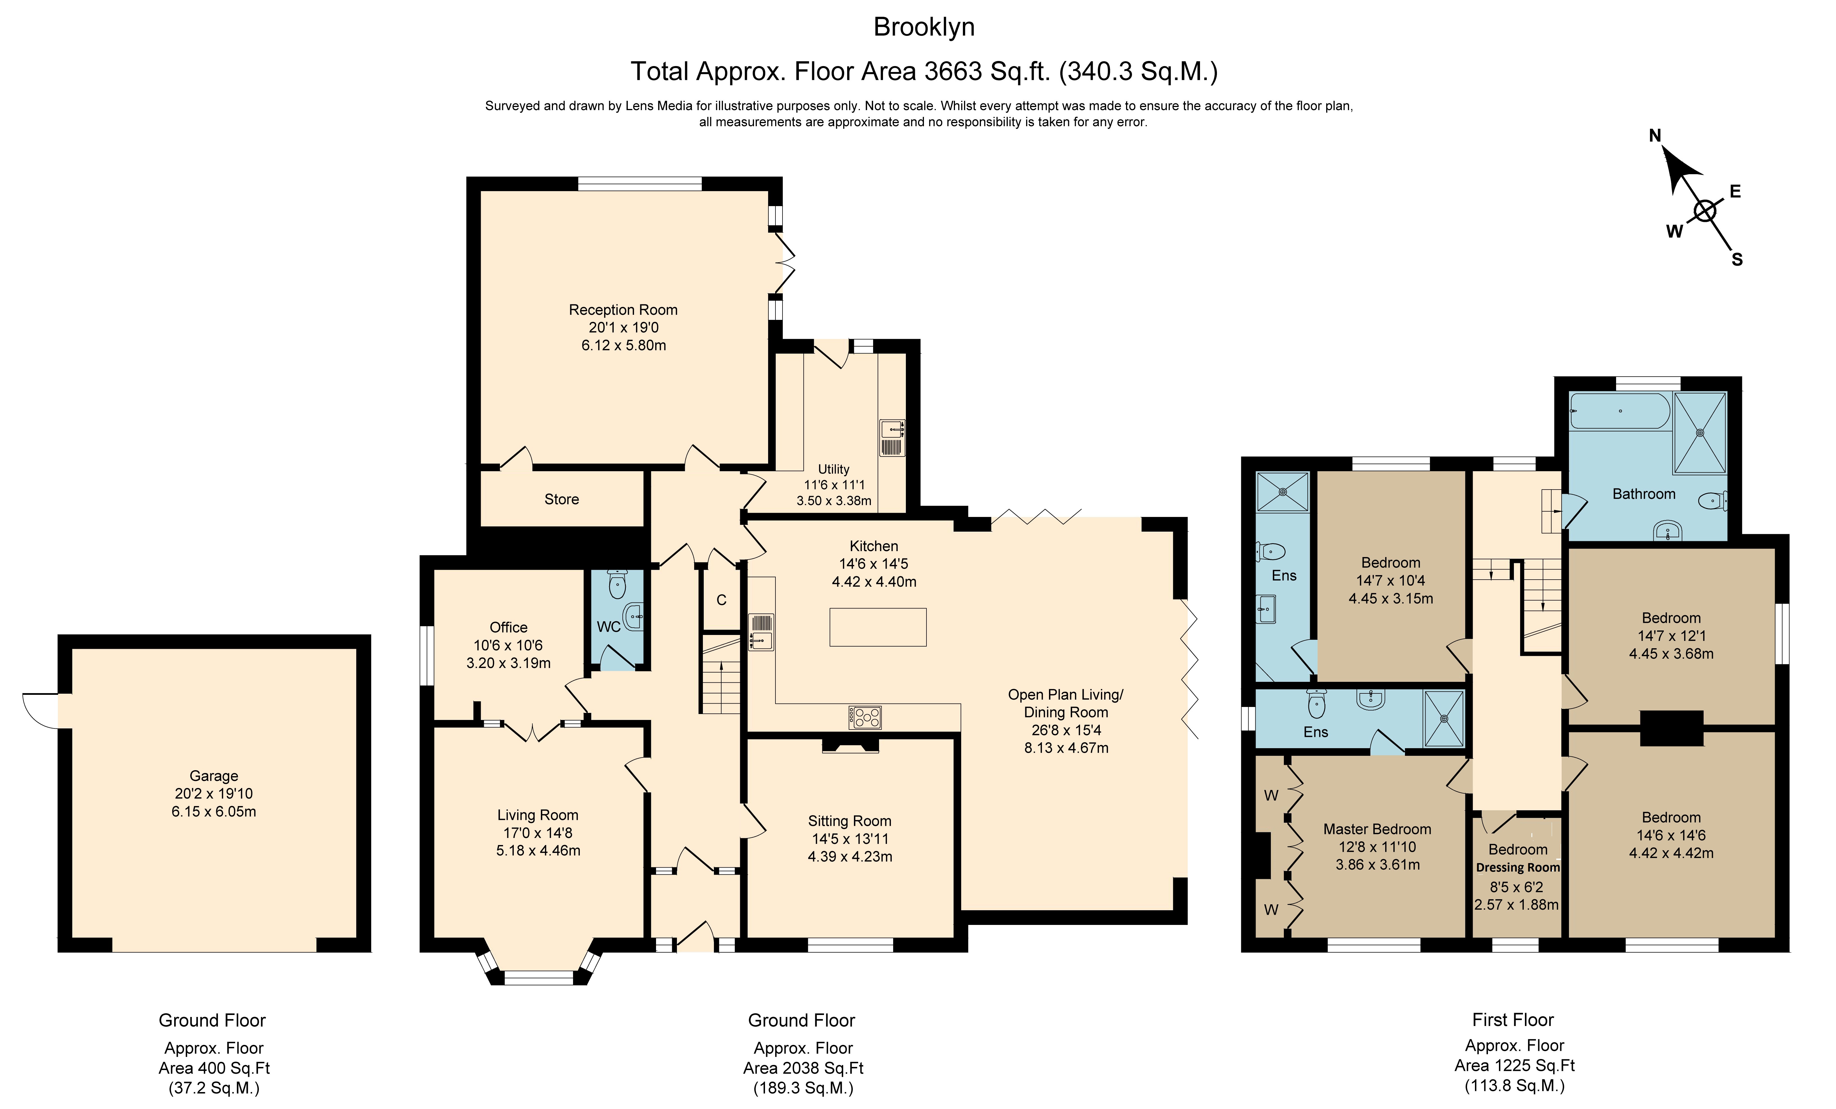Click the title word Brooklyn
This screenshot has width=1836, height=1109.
pos(924,28)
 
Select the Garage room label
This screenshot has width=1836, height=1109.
pos(214,776)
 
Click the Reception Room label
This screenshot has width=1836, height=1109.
pos(623,310)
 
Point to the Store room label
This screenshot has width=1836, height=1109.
pos(561,499)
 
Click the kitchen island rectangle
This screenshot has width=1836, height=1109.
pos(878,627)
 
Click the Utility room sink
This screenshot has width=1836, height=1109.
pos(892,438)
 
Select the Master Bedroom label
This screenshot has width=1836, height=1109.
pos(1377,829)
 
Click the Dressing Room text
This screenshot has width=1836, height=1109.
pos(1518,868)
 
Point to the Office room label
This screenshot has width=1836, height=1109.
pos(508,628)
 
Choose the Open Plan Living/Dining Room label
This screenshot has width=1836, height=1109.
pos(1066,704)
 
